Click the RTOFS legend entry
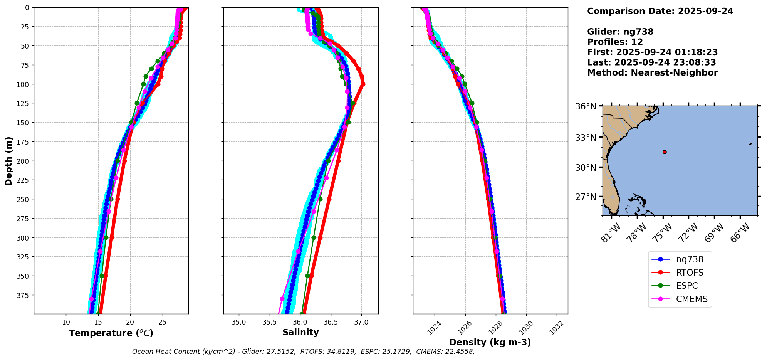point(689,273)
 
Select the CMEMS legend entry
point(692,299)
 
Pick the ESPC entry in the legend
point(686,286)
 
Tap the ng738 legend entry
point(689,259)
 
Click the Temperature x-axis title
point(111,333)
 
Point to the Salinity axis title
point(300,332)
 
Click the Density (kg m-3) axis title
point(490,342)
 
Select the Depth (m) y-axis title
point(8,161)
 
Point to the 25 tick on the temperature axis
point(162,322)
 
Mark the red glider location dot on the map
point(665,152)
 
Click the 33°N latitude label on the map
point(586,138)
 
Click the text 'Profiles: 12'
point(615,42)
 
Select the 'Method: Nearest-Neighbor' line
point(652,73)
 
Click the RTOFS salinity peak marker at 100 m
point(363,84)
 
